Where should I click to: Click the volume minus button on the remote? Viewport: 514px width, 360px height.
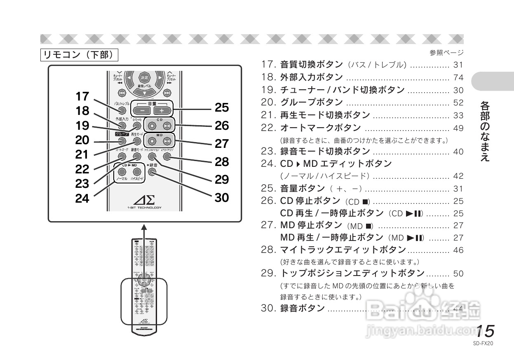(x=141, y=110)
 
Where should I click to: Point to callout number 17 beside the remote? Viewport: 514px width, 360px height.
(x=82, y=96)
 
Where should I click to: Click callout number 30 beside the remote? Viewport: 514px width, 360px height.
(x=222, y=198)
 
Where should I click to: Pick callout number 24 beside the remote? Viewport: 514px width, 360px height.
(x=82, y=199)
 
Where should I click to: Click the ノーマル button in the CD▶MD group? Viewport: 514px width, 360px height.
(x=122, y=172)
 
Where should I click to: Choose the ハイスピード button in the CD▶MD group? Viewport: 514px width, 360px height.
(x=137, y=172)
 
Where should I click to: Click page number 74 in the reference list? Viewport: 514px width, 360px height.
(x=458, y=78)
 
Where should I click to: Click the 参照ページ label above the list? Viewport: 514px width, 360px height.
(x=446, y=53)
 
